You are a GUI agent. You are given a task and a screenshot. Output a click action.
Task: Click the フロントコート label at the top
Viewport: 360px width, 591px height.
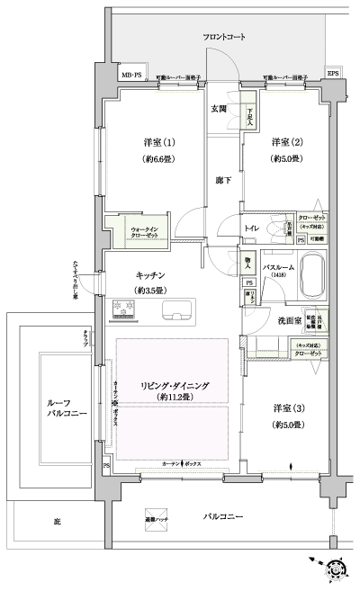224,37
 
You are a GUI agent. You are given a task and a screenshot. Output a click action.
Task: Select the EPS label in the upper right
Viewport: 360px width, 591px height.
332,73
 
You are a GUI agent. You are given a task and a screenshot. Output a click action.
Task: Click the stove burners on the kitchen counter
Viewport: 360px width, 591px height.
123,311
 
